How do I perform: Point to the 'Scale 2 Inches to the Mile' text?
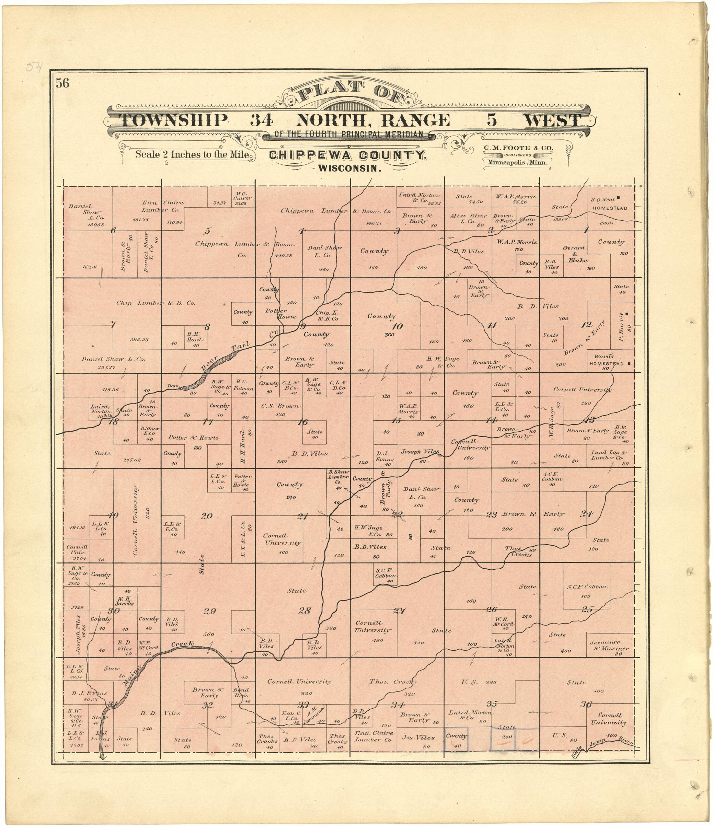coord(192,154)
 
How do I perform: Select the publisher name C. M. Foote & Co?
coord(518,148)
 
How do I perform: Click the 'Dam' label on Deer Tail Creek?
coord(173,386)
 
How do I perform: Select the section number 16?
coord(303,422)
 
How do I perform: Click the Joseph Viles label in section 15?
coord(420,452)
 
